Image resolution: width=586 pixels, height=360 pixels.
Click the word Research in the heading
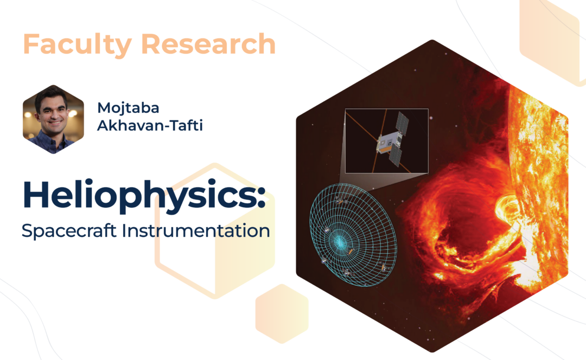208,44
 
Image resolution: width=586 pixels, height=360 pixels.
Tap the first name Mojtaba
128,108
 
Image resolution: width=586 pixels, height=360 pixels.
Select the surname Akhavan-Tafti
150,125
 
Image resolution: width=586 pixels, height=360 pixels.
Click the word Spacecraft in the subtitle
69,231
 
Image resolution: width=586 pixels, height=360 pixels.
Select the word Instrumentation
196,230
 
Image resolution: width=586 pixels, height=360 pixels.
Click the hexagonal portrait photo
53,119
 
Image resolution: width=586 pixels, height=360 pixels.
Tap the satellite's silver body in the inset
389,144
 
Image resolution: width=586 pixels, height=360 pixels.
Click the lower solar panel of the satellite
396,156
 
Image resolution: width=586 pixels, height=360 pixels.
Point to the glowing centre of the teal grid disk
340,242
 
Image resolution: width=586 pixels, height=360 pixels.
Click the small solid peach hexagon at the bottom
282,314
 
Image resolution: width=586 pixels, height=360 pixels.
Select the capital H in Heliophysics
36,194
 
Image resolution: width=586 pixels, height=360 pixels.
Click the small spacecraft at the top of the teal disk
340,201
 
